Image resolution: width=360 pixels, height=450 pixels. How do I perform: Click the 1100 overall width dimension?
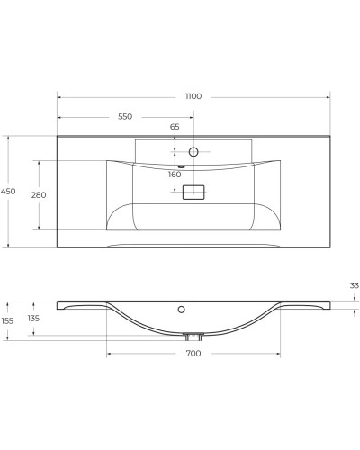(193, 95)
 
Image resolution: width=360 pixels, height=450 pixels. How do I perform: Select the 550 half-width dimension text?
(125, 117)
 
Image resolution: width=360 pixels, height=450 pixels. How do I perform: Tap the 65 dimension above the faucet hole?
(175, 127)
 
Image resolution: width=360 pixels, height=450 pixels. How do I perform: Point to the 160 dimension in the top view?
(175, 175)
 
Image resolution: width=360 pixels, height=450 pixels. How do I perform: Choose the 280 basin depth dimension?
(39, 194)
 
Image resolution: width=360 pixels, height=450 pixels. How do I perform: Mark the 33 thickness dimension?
(354, 285)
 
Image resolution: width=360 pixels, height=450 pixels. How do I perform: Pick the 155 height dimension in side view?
(8, 320)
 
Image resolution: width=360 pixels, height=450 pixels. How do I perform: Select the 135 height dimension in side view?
(33, 318)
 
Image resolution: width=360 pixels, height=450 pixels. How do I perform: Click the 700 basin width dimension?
(193, 354)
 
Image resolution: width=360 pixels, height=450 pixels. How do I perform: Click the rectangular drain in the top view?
(193, 191)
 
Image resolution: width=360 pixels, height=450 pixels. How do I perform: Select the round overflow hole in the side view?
(182, 310)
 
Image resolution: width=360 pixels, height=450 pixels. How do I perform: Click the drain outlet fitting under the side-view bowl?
(193, 336)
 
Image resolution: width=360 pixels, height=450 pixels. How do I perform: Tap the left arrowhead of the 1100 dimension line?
(58, 95)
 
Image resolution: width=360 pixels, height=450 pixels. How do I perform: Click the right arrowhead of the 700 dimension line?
(278, 353)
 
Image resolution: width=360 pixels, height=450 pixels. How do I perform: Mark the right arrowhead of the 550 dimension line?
(192, 117)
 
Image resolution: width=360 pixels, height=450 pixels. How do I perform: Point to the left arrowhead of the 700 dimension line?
(109, 353)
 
